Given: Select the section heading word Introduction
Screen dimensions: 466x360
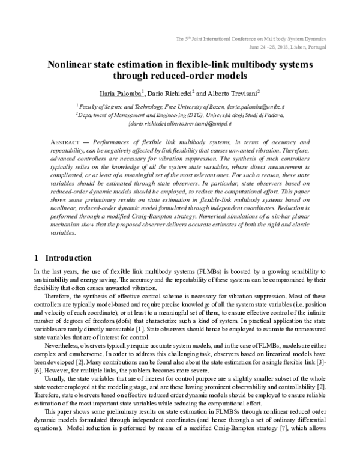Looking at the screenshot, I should click(x=68, y=258).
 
